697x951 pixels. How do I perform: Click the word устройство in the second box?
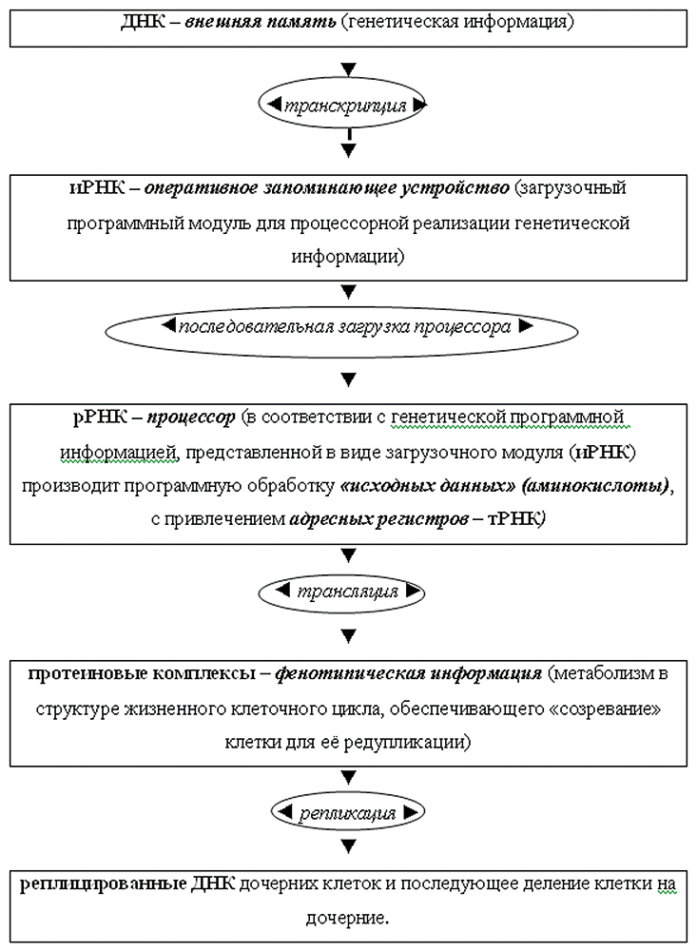pyautogui.click(x=459, y=188)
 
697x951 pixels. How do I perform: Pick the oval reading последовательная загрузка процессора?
pyautogui.click(x=346, y=327)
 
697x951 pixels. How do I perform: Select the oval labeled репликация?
pyautogui.click(x=346, y=813)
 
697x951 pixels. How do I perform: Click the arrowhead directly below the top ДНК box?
pyautogui.click(x=348, y=68)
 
